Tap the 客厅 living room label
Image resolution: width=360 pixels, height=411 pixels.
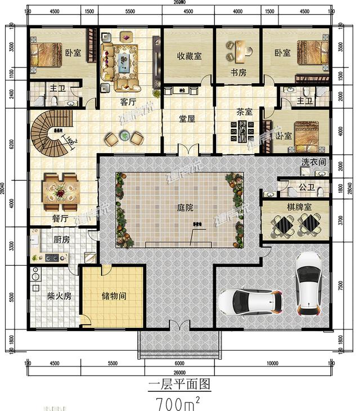coord(129,102)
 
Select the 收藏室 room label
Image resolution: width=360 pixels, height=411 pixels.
coord(188,55)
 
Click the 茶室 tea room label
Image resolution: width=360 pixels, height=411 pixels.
coord(243,111)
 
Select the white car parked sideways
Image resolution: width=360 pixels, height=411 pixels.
coord(250,303)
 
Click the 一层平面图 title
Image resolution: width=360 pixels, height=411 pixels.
coord(179,385)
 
